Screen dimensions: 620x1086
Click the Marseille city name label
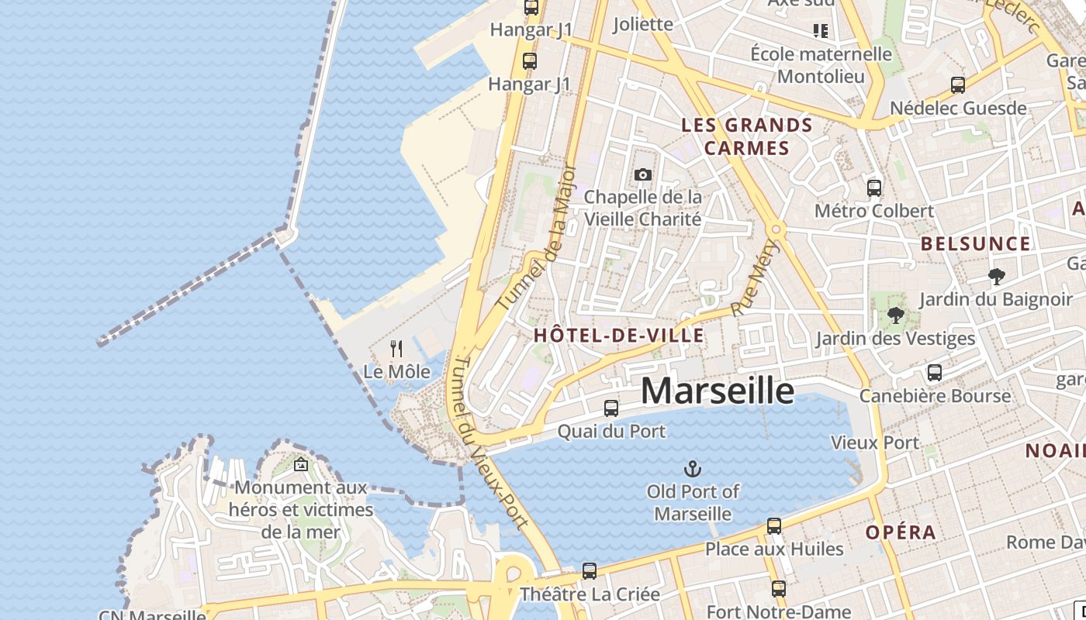[x=718, y=391]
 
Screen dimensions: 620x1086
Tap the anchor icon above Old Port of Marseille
[x=692, y=468]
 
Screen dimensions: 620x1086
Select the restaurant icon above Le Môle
[x=396, y=349]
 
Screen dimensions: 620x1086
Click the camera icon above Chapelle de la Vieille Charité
[x=642, y=175]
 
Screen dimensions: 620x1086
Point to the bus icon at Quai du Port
[x=611, y=408]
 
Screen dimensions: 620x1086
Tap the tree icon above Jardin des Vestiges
[x=895, y=315]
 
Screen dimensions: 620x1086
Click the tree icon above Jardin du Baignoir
[x=997, y=276]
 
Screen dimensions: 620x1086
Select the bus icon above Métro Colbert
[x=874, y=188]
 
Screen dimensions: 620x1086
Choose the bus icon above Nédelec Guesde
[x=958, y=85]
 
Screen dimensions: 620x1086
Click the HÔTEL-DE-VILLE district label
[x=619, y=336]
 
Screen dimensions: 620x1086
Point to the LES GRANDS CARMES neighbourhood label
[x=747, y=136]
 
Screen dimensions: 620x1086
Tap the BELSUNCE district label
[x=976, y=244]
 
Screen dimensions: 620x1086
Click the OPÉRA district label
[x=901, y=532]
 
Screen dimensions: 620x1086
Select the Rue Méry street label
[x=755, y=277]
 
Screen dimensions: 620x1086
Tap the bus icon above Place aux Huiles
[x=774, y=526]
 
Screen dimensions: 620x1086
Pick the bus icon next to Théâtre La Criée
[x=590, y=571]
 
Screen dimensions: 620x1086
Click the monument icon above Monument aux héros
[x=301, y=464]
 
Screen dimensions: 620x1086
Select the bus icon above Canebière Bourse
[x=935, y=373]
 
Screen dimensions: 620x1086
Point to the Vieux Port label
[x=875, y=443]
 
